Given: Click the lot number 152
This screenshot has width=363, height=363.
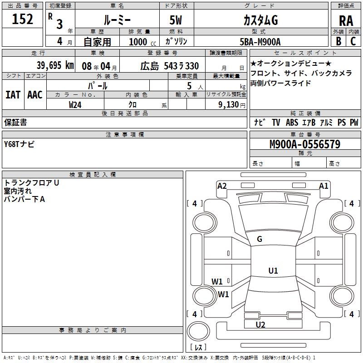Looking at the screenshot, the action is coord(23,20).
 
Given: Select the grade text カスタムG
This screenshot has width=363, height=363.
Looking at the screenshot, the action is coord(260,20).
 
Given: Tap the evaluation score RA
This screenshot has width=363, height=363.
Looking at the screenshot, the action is coord(346,21).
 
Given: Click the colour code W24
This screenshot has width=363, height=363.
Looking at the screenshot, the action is coord(75,104).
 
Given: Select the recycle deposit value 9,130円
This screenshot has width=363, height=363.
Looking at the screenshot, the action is coord(231,104).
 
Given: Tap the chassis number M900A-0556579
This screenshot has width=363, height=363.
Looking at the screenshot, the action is coord(304,144).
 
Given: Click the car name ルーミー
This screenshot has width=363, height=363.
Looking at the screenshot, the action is coord(117,20).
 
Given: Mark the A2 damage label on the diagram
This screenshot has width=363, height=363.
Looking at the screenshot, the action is coord(222,186).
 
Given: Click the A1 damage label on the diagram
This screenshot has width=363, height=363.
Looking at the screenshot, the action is coord(324,186).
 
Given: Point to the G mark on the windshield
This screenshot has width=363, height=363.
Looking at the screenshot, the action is coord(260,239).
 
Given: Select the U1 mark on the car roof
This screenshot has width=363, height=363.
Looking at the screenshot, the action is coord(273,271).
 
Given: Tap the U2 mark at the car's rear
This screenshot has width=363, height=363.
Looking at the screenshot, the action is coord(260,324).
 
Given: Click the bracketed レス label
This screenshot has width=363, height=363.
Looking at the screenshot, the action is coord(198,347).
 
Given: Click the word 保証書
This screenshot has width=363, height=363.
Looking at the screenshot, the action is coord(15,122).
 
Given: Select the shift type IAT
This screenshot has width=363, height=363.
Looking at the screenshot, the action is coord(13,95).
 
